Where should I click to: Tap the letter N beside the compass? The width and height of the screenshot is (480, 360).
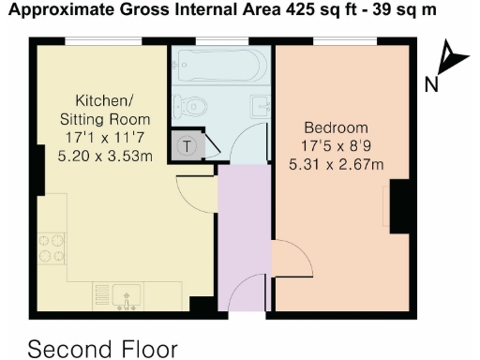pos(431,84)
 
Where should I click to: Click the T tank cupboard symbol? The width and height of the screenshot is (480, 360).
pos(187,145)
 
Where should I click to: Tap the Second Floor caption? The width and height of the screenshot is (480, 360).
pos(102,349)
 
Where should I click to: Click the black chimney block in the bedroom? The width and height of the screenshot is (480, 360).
pos(401,206)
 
